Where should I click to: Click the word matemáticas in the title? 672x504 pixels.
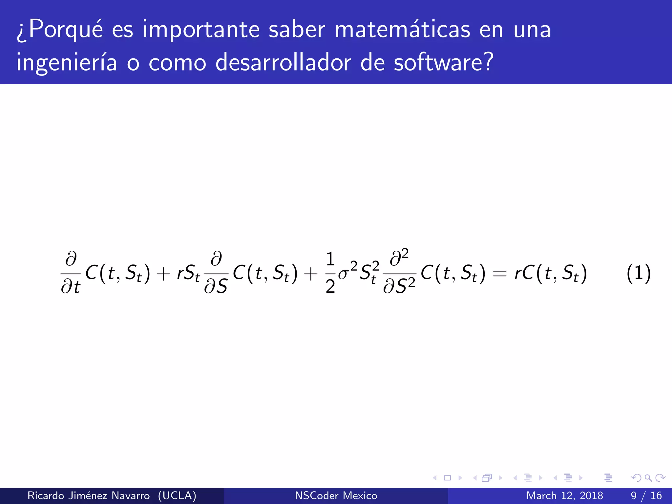tap(403, 30)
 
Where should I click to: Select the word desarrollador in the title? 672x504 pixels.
tap(283, 62)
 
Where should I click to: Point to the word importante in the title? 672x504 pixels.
tap(201, 31)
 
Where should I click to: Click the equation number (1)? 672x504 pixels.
tap(638, 273)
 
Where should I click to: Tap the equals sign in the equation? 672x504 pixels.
tap(500, 274)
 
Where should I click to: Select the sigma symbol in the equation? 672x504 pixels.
tap(343, 274)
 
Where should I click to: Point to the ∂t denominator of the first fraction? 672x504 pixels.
tap(71, 287)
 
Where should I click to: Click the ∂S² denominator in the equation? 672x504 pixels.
tap(399, 286)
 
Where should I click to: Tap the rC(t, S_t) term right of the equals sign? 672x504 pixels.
tap(551, 273)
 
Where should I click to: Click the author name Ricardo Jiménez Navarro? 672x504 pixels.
tap(89, 495)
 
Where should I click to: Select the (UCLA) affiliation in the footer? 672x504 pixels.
tap(177, 495)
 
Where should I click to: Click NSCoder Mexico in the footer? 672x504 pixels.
tap(336, 495)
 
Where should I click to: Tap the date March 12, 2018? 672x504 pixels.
tap(564, 495)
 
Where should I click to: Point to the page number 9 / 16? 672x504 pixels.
tap(646, 495)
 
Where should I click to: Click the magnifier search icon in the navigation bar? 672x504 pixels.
tap(648, 478)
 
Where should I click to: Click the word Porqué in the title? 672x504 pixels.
tap(66, 31)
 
